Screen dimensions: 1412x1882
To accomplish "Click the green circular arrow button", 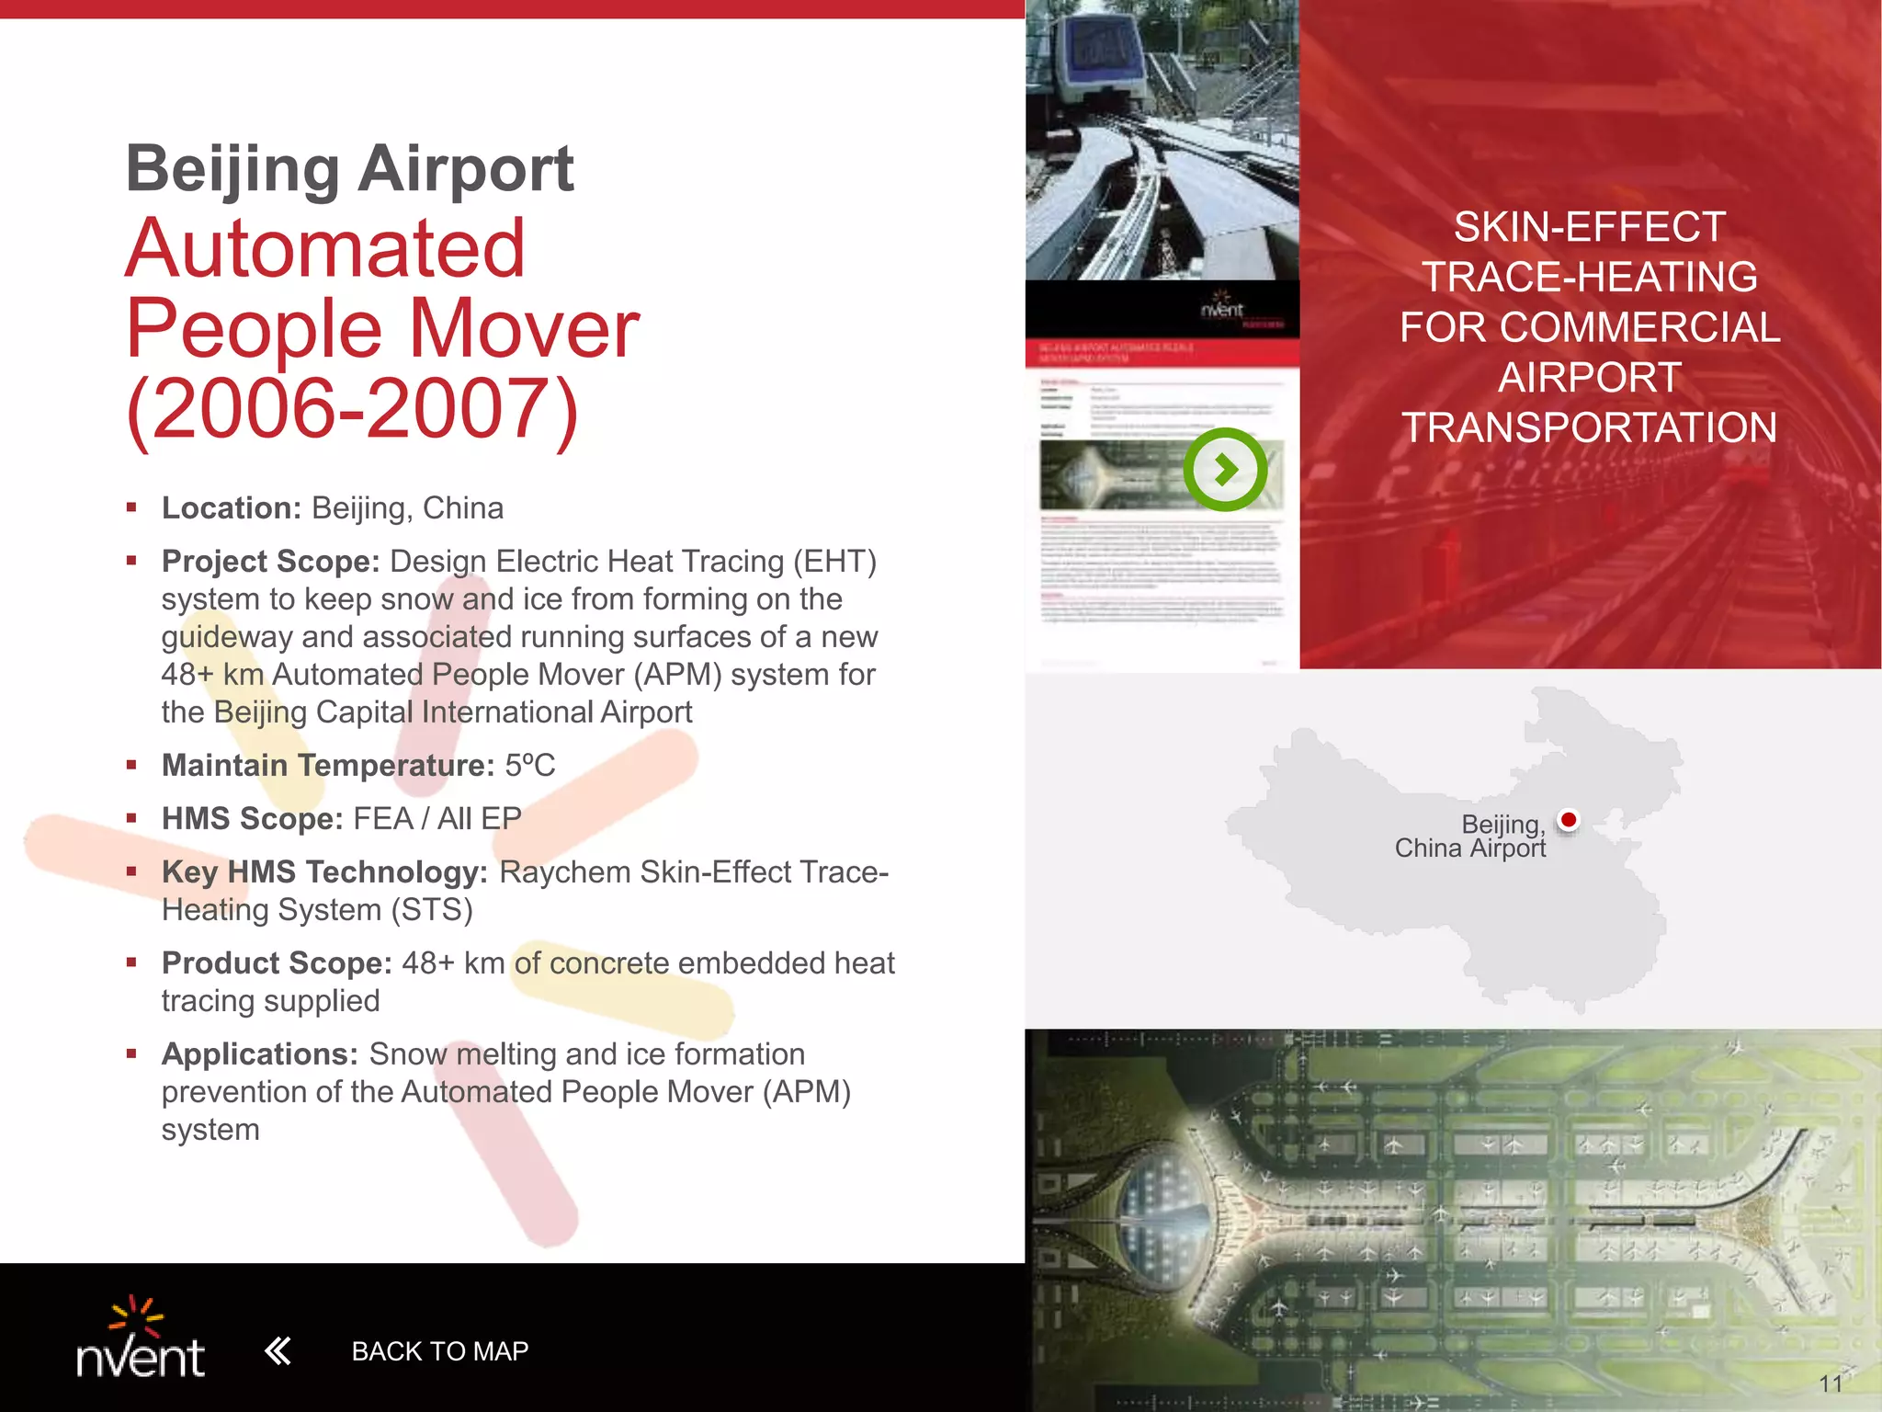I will (1225, 470).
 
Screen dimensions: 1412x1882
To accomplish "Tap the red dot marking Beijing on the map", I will (1569, 819).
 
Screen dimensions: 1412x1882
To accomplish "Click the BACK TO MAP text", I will (439, 1351).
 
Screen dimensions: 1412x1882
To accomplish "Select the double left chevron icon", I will (278, 1350).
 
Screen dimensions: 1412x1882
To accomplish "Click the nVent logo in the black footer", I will (141, 1339).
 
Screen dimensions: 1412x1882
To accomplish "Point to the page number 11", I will (1830, 1384).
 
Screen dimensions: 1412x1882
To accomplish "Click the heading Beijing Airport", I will (349, 169).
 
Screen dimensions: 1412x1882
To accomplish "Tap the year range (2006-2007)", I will (353, 408).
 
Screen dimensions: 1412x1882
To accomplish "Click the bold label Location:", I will (232, 508).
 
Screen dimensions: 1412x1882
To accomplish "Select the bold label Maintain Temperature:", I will (328, 765).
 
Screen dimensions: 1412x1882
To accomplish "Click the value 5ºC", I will (530, 765).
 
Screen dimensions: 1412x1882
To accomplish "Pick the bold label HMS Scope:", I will (252, 818).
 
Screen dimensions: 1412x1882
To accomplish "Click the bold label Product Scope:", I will (277, 962).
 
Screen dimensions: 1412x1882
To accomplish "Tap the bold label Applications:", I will (259, 1053).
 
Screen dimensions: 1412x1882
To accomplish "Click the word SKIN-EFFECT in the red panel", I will (1589, 227).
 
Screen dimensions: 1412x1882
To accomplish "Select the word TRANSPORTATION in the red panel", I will (1589, 427).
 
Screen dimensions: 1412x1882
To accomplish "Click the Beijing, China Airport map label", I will (1470, 836).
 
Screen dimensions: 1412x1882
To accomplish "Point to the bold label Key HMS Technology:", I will (324, 871).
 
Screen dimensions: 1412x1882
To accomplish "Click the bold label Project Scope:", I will (270, 562).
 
